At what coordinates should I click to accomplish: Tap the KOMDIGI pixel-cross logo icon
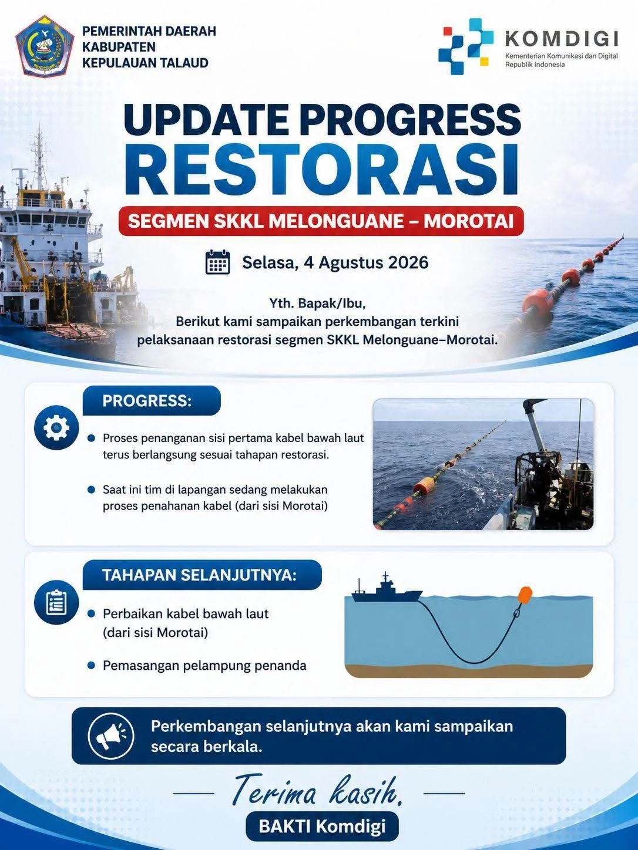click(466, 46)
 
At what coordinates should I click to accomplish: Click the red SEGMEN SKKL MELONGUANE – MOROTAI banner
click(321, 221)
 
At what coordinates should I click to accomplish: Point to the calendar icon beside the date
click(217, 262)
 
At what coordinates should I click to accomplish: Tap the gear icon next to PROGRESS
click(56, 427)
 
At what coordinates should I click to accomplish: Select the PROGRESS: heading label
click(147, 401)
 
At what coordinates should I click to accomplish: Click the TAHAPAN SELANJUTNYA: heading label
click(200, 575)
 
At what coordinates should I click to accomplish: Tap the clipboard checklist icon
click(56, 602)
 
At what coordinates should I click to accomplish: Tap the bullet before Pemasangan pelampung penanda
click(92, 665)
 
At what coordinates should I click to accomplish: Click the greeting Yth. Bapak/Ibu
click(318, 303)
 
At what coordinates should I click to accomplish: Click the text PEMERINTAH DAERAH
click(149, 31)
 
